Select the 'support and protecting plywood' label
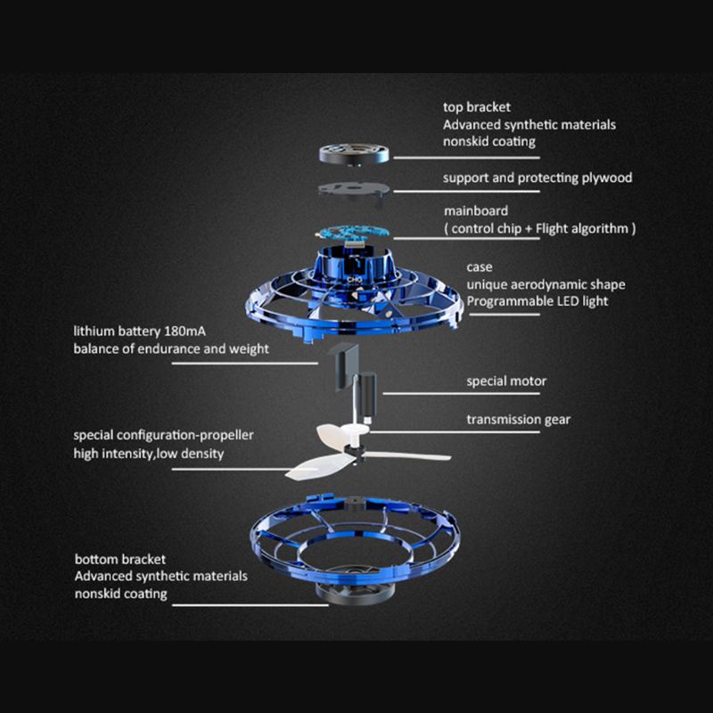(x=537, y=177)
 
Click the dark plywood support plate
(x=352, y=190)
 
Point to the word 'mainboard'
(x=476, y=211)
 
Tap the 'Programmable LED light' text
(x=537, y=301)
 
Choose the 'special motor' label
(x=506, y=381)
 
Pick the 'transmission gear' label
(x=519, y=419)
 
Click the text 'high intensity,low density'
(x=148, y=454)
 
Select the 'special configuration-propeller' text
(x=163, y=435)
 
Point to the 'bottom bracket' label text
(x=119, y=560)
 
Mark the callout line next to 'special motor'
(x=419, y=393)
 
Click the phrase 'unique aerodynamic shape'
(x=545, y=284)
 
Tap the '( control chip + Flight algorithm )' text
(x=539, y=228)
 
